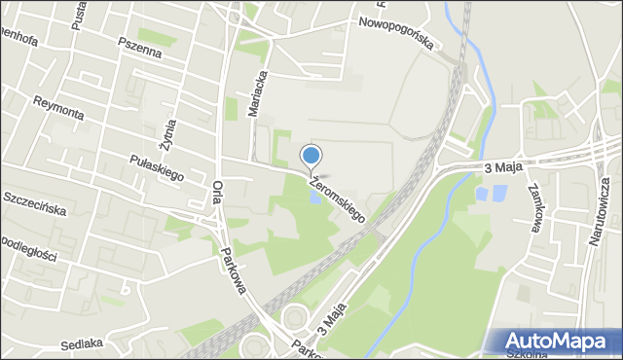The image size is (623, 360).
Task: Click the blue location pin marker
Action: (x=311, y=156)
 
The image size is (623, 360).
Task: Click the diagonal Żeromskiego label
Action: (x=336, y=197)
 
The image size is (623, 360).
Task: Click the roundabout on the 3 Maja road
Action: (x=295, y=316)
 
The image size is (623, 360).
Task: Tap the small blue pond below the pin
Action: (x=314, y=197)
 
